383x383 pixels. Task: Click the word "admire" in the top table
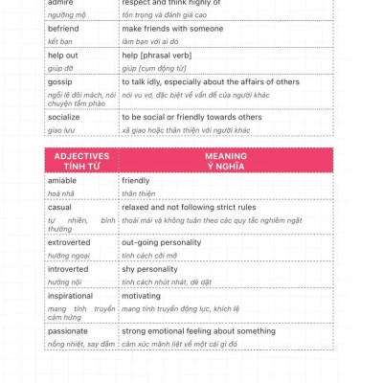coord(60,3)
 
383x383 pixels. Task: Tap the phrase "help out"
coord(63,56)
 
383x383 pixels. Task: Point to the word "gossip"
coord(60,82)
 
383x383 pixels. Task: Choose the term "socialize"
coord(65,117)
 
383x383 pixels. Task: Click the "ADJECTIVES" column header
coord(81,156)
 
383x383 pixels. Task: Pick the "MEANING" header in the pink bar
coord(226,156)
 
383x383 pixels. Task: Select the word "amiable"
coord(62,180)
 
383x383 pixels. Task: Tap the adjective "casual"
coord(59,207)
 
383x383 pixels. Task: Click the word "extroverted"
coord(69,242)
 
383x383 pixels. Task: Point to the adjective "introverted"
coord(69,269)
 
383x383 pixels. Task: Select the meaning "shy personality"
coord(150,269)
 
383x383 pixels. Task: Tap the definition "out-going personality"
coord(161,242)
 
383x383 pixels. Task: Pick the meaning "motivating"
coord(142,296)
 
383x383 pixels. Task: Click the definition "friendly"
coord(136,180)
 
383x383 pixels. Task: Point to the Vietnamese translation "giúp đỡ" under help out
coord(60,69)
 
